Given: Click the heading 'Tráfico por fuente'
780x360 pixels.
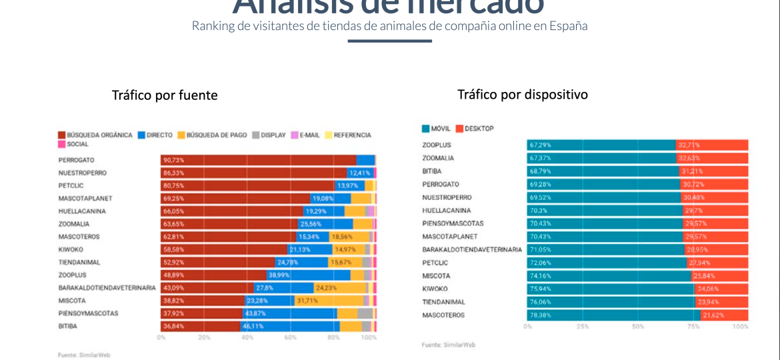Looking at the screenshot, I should (165, 95).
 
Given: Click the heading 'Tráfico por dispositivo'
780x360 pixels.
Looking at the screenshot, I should (522, 95).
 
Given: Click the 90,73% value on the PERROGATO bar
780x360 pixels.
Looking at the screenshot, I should (173, 160).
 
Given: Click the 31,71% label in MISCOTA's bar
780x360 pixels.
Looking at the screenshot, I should (307, 301).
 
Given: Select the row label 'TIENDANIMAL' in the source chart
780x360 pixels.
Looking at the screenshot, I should (79, 262).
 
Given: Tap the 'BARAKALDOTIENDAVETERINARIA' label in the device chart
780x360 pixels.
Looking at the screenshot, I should (472, 249).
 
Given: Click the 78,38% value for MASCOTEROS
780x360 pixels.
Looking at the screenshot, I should (540, 315).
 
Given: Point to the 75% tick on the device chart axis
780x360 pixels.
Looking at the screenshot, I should (693, 327).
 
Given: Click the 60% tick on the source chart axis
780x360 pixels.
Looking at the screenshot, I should (290, 337).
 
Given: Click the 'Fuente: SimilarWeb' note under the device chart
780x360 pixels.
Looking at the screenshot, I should (448, 345).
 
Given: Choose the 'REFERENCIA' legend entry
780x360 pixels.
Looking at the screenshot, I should (352, 135).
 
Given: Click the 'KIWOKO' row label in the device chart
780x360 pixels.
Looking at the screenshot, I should (435, 289).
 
